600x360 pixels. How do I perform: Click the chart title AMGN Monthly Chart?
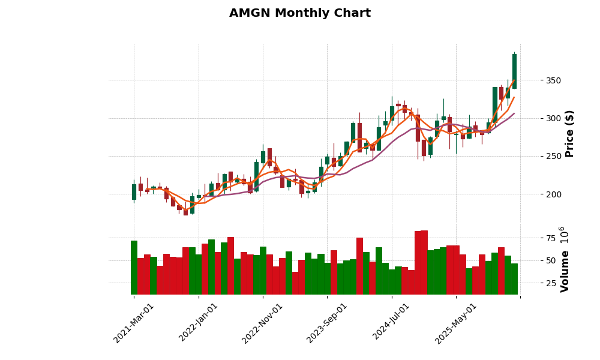point(300,13)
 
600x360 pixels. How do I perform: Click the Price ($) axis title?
point(569,133)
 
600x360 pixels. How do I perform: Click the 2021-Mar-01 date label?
point(134,323)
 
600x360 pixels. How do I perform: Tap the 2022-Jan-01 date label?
point(199,323)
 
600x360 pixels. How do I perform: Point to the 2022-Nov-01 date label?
point(262,323)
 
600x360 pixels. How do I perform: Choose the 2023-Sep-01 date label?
point(327,323)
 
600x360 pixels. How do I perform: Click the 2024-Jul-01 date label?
point(391,323)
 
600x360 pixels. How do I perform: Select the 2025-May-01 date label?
point(456,323)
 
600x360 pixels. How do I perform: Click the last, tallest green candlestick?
point(514,71)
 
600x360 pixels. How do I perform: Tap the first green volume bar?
point(134,268)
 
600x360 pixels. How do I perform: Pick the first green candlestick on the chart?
point(134,191)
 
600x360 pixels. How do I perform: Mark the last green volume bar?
point(514,279)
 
